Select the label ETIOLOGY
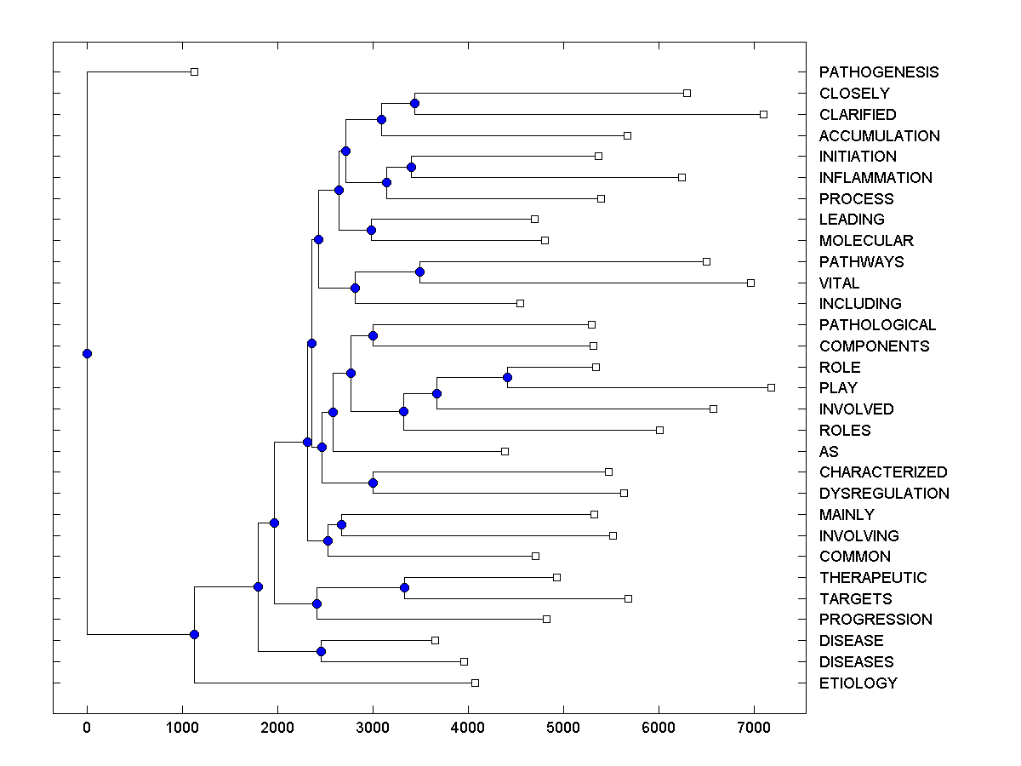click(x=858, y=683)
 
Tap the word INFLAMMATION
click(x=876, y=178)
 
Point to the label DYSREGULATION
click(x=884, y=494)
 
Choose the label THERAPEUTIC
click(x=873, y=578)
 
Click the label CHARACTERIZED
click(x=883, y=472)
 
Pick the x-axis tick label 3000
click(x=373, y=727)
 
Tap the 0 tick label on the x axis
click(x=87, y=727)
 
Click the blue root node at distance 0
click(x=87, y=354)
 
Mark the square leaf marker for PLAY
click(x=771, y=388)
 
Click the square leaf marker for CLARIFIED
click(x=763, y=114)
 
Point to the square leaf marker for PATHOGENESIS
click(x=194, y=71)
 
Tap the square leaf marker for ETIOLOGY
click(x=475, y=683)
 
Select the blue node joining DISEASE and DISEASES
click(x=321, y=651)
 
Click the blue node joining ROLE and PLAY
click(x=507, y=377)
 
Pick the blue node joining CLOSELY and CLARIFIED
click(x=414, y=103)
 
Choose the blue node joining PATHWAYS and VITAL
click(x=419, y=272)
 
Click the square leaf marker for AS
click(x=505, y=451)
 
